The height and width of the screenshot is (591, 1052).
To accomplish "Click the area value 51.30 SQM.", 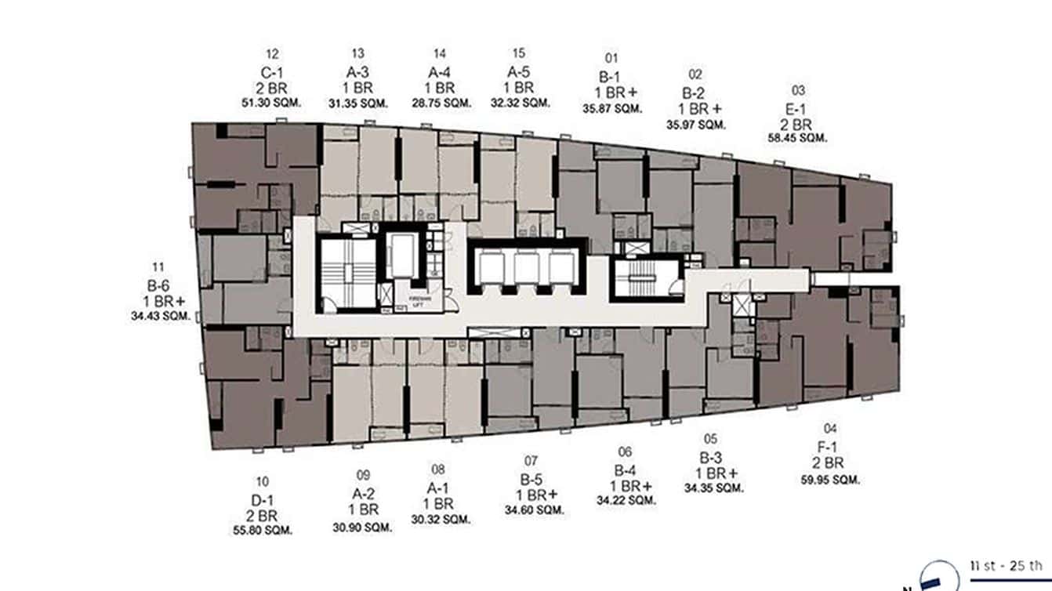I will pyautogui.click(x=272, y=103).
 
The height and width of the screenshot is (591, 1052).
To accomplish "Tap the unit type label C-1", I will pyautogui.click(x=272, y=72).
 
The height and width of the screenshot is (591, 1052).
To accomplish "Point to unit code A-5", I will pyautogui.click(x=518, y=72).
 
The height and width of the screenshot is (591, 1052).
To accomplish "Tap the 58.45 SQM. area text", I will pyautogui.click(x=798, y=139).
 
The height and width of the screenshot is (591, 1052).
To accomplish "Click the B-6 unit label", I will pyautogui.click(x=160, y=285).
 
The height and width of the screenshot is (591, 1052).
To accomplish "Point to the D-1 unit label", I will pyautogui.click(x=262, y=499).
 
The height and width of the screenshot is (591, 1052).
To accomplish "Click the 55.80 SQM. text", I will pyautogui.click(x=262, y=530).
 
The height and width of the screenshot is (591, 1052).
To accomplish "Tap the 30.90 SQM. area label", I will pyautogui.click(x=362, y=527).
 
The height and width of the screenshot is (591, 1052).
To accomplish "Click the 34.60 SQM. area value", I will pyautogui.click(x=535, y=510).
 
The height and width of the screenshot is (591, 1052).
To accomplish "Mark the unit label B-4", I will pyautogui.click(x=625, y=470).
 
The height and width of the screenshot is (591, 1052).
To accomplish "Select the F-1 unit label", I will pyautogui.click(x=830, y=448).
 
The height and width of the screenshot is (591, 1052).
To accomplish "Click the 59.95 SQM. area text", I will pyautogui.click(x=830, y=478).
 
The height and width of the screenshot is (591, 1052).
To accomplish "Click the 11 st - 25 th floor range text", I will pyautogui.click(x=1006, y=565).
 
